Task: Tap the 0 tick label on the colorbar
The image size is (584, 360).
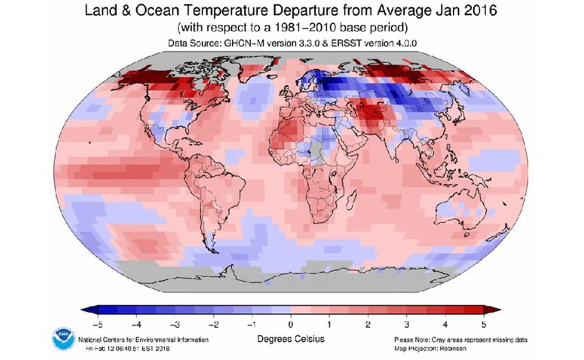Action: coord(291,324)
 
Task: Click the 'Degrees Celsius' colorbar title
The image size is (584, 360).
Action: coord(291,339)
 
